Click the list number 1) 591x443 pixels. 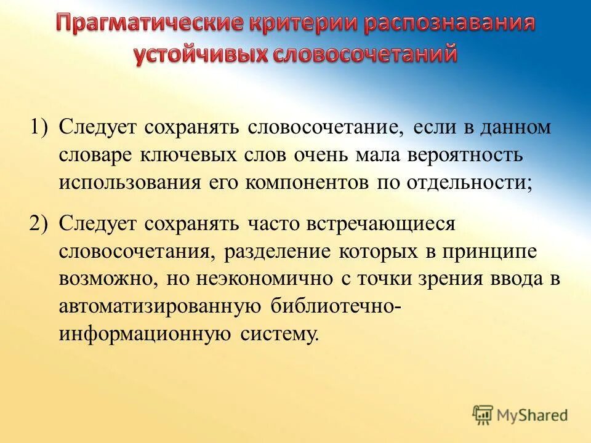click(x=41, y=127)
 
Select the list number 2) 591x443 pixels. click(x=41, y=223)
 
